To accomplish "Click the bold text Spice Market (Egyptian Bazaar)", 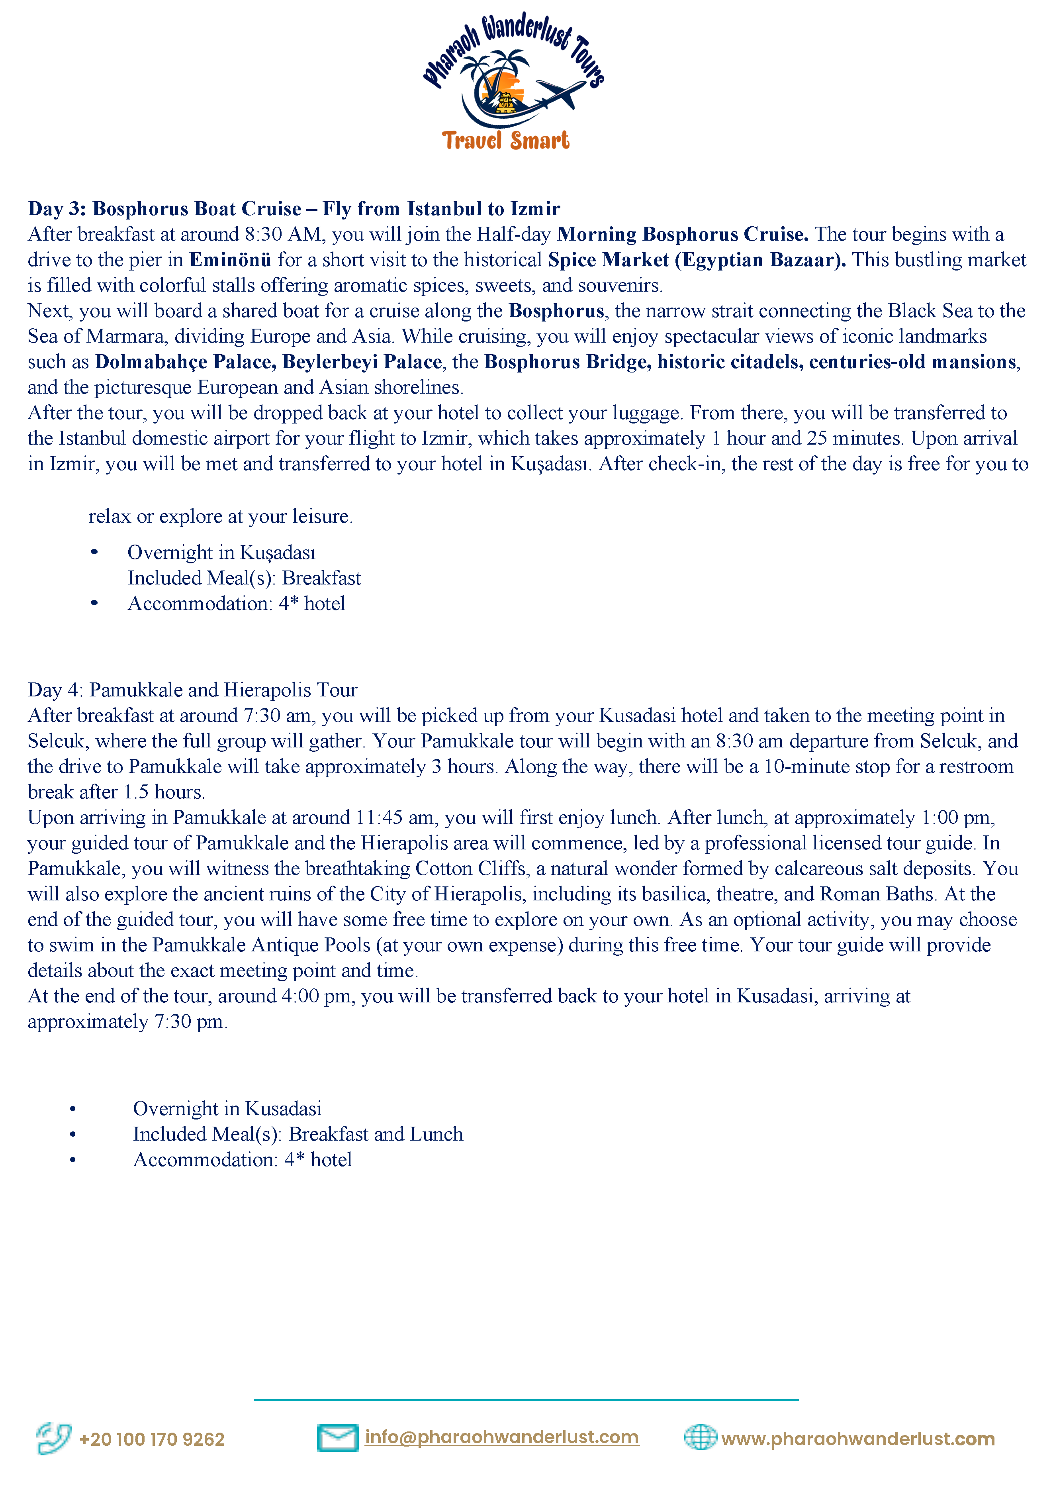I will click(697, 260).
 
